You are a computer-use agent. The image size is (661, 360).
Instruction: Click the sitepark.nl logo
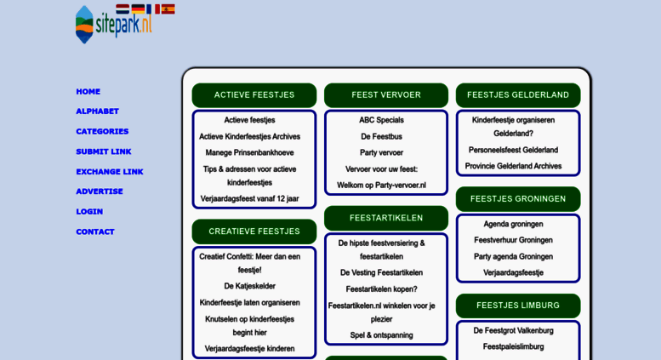click(113, 26)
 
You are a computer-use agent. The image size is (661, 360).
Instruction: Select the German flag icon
click(138, 9)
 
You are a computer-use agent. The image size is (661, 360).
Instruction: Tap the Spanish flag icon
click(168, 9)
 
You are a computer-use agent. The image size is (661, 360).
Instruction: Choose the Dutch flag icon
click(123, 9)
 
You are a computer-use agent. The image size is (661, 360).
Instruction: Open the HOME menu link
click(88, 91)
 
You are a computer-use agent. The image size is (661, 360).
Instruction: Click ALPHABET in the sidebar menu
click(97, 111)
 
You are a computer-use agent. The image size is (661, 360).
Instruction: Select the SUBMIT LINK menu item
click(104, 151)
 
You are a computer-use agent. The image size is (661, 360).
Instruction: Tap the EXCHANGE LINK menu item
click(110, 172)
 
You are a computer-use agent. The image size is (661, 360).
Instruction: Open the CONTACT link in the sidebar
click(95, 231)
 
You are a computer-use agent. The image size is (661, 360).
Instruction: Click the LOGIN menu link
click(89, 212)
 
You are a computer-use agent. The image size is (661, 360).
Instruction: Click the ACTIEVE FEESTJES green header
click(254, 95)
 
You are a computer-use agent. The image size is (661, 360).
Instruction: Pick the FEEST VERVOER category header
click(386, 95)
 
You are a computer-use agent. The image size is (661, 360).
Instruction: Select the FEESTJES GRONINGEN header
click(518, 199)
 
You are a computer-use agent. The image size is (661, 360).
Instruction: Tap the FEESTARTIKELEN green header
click(386, 218)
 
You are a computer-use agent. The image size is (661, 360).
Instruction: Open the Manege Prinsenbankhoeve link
click(249, 152)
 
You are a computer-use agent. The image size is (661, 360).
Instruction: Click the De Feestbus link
click(381, 136)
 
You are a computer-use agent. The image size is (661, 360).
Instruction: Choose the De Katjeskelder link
click(249, 286)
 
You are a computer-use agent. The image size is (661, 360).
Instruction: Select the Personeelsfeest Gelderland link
click(514, 150)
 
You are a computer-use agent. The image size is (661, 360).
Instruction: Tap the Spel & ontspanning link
click(381, 335)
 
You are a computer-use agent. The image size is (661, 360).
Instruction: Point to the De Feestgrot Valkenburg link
click(514, 330)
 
